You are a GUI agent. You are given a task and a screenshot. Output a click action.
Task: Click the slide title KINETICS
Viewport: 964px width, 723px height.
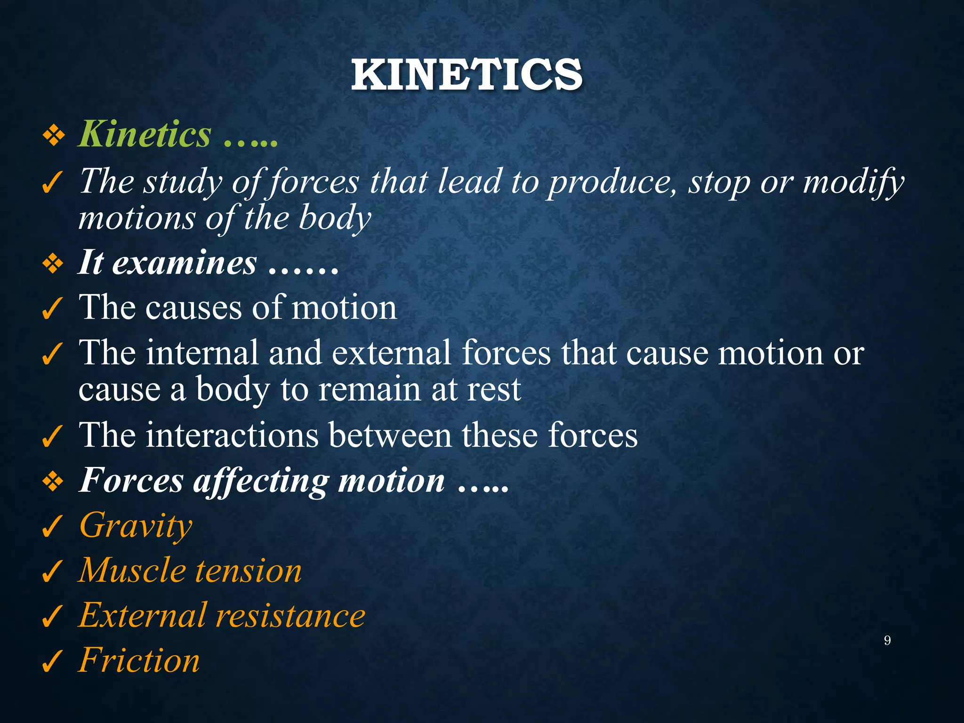[466, 75]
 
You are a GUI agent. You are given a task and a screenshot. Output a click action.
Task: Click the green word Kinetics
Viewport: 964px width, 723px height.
[145, 134]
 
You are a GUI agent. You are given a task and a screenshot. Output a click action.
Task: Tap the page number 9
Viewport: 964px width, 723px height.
[887, 640]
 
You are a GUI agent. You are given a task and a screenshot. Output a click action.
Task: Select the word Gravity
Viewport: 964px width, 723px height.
[136, 525]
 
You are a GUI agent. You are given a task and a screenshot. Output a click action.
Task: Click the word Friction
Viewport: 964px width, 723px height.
[139, 660]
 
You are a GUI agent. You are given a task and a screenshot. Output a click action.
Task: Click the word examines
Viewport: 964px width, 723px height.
[185, 263]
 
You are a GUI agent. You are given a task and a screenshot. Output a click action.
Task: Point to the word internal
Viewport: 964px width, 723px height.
[202, 353]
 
